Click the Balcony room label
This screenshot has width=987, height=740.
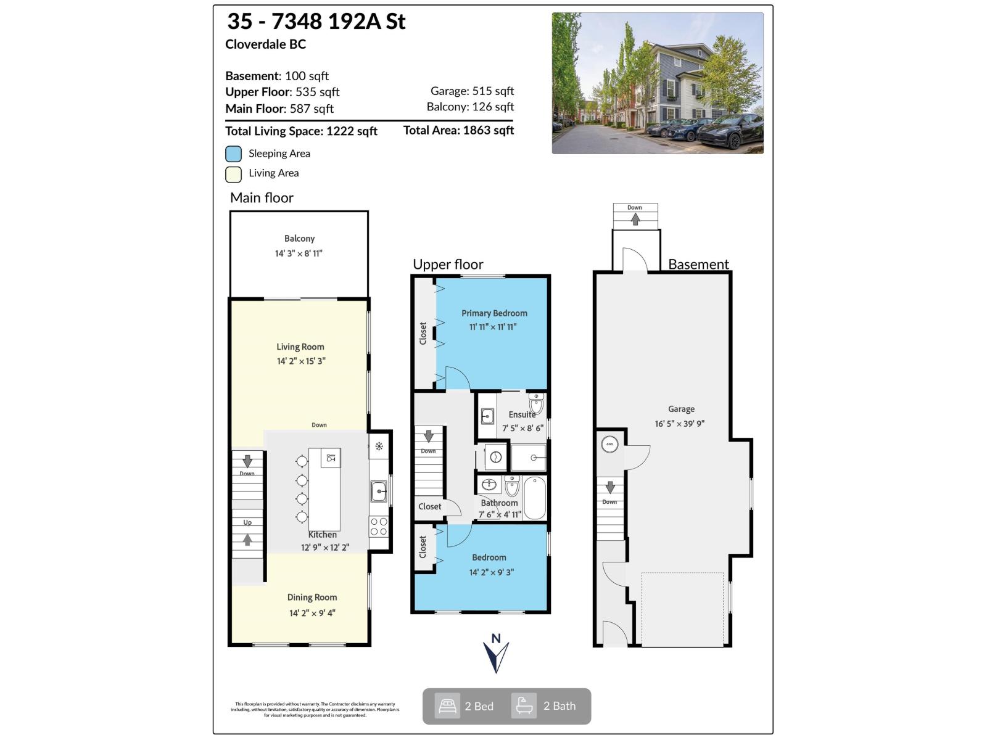point(299,239)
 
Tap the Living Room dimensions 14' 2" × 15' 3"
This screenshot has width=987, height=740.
point(301,361)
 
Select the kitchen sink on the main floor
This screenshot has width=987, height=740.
point(379,491)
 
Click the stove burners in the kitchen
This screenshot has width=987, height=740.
point(379,527)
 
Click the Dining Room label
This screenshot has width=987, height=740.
point(312,597)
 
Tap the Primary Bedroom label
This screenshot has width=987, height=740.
point(494,313)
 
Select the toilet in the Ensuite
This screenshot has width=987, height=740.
point(536,404)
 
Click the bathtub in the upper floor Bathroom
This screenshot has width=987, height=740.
point(535,498)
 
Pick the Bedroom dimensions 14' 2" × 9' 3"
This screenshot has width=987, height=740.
point(492,572)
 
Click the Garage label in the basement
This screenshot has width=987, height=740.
point(681,409)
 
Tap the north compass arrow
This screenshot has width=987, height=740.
point(495,657)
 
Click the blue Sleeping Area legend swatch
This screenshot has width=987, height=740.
point(233,154)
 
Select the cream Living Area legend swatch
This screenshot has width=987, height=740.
point(233,175)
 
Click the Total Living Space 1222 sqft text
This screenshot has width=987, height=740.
point(301,131)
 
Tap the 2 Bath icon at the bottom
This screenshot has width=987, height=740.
point(524,706)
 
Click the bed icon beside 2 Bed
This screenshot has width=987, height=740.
point(447,706)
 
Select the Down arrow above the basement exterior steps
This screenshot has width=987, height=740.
point(635,219)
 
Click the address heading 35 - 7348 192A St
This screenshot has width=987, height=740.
point(316,22)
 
